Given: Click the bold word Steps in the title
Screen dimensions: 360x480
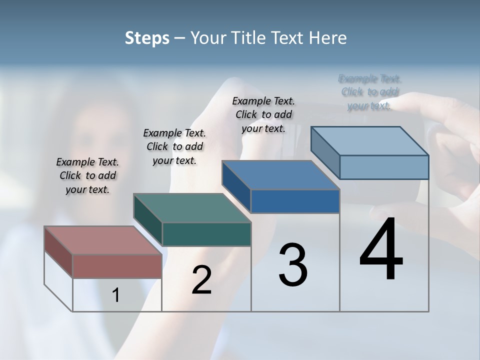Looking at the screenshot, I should tap(146, 38).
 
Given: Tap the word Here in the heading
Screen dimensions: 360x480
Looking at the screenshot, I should tap(328, 38).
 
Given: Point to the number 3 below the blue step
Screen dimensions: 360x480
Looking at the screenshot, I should tap(293, 265).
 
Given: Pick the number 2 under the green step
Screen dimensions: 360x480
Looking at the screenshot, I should tap(201, 280).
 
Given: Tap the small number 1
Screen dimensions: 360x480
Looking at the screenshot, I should tap(116, 295).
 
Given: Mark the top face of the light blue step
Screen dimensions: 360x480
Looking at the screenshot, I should tap(370, 141).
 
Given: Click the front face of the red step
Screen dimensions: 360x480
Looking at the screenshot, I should tap(117, 266).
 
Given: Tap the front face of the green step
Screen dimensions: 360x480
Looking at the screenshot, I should tap(206, 234).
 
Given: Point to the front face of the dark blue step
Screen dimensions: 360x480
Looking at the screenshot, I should tap(295, 201).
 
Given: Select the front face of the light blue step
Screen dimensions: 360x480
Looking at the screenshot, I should tap(384, 167).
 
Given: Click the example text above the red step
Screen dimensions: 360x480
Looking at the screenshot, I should tap(87, 175).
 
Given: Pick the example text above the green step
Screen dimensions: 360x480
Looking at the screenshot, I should tap(174, 146).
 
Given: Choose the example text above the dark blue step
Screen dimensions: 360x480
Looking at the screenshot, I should tap(263, 114).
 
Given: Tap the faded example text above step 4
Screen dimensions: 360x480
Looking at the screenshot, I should tap(369, 92).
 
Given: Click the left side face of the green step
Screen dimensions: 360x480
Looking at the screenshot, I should tap(148, 220).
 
